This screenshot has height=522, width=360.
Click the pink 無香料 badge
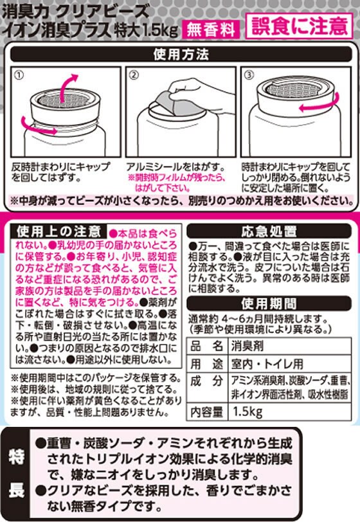pos(211,30)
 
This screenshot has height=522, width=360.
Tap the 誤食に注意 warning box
pos(299,26)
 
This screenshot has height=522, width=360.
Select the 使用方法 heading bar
pos(181,54)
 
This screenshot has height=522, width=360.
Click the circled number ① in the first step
pos(20,76)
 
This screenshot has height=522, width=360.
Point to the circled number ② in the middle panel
pos(134,75)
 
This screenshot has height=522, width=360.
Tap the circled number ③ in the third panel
pos(249,75)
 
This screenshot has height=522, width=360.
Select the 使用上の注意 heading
pos(59,231)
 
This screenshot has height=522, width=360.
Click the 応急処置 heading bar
pos(269,231)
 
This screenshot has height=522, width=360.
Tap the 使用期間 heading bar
pos(269,303)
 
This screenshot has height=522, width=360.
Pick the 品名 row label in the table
pos(206,346)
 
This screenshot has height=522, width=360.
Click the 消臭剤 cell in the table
pos(248,346)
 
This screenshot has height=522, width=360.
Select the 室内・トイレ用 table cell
pos(267,364)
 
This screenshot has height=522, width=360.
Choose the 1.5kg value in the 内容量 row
pos(248,412)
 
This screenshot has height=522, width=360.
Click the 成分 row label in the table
pos(206,381)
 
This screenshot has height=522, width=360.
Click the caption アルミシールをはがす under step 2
pos(175,166)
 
